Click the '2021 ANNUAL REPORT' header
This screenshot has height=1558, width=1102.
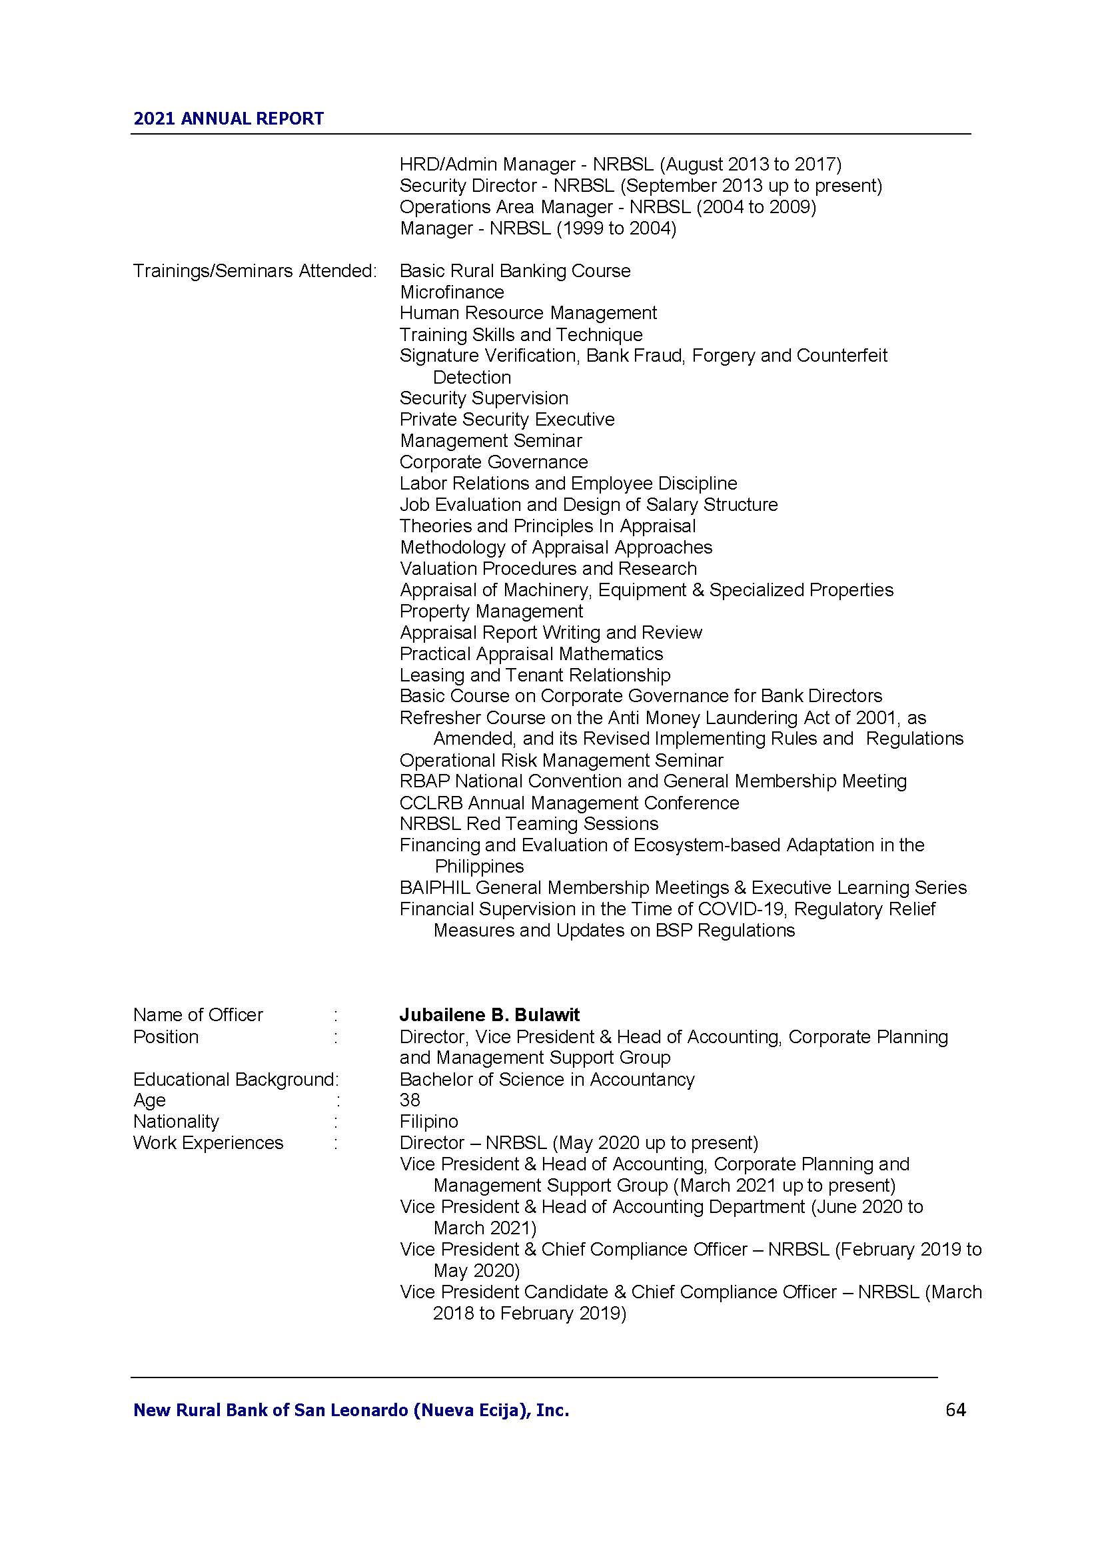pyautogui.click(x=228, y=119)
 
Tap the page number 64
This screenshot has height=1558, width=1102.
pyautogui.click(x=955, y=1410)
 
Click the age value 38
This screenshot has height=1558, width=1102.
pyautogui.click(x=410, y=1100)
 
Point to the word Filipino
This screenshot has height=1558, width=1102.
pyautogui.click(x=429, y=1122)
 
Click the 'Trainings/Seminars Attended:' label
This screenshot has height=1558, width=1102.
pyautogui.click(x=255, y=270)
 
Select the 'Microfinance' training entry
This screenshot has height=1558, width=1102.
pyautogui.click(x=452, y=292)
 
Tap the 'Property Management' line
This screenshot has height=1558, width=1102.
pyautogui.click(x=491, y=611)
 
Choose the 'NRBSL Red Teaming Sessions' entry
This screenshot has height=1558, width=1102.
pyautogui.click(x=528, y=824)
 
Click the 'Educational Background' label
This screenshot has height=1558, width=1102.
pyautogui.click(x=234, y=1079)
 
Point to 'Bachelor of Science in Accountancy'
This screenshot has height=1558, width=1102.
pyautogui.click(x=547, y=1079)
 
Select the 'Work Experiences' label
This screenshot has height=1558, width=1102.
pyautogui.click(x=208, y=1143)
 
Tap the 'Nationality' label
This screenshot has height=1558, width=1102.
pyautogui.click(x=176, y=1122)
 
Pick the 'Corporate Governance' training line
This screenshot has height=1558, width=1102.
pyautogui.click(x=493, y=462)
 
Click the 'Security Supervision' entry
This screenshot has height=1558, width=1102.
pyautogui.click(x=484, y=398)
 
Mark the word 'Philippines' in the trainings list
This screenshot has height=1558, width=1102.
pyautogui.click(x=479, y=867)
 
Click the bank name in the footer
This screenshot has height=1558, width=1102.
pyautogui.click(x=351, y=1411)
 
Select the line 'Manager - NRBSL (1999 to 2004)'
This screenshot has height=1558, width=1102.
pyautogui.click(x=538, y=228)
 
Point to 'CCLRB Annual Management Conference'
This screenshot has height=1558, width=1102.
pyautogui.click(x=568, y=803)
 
